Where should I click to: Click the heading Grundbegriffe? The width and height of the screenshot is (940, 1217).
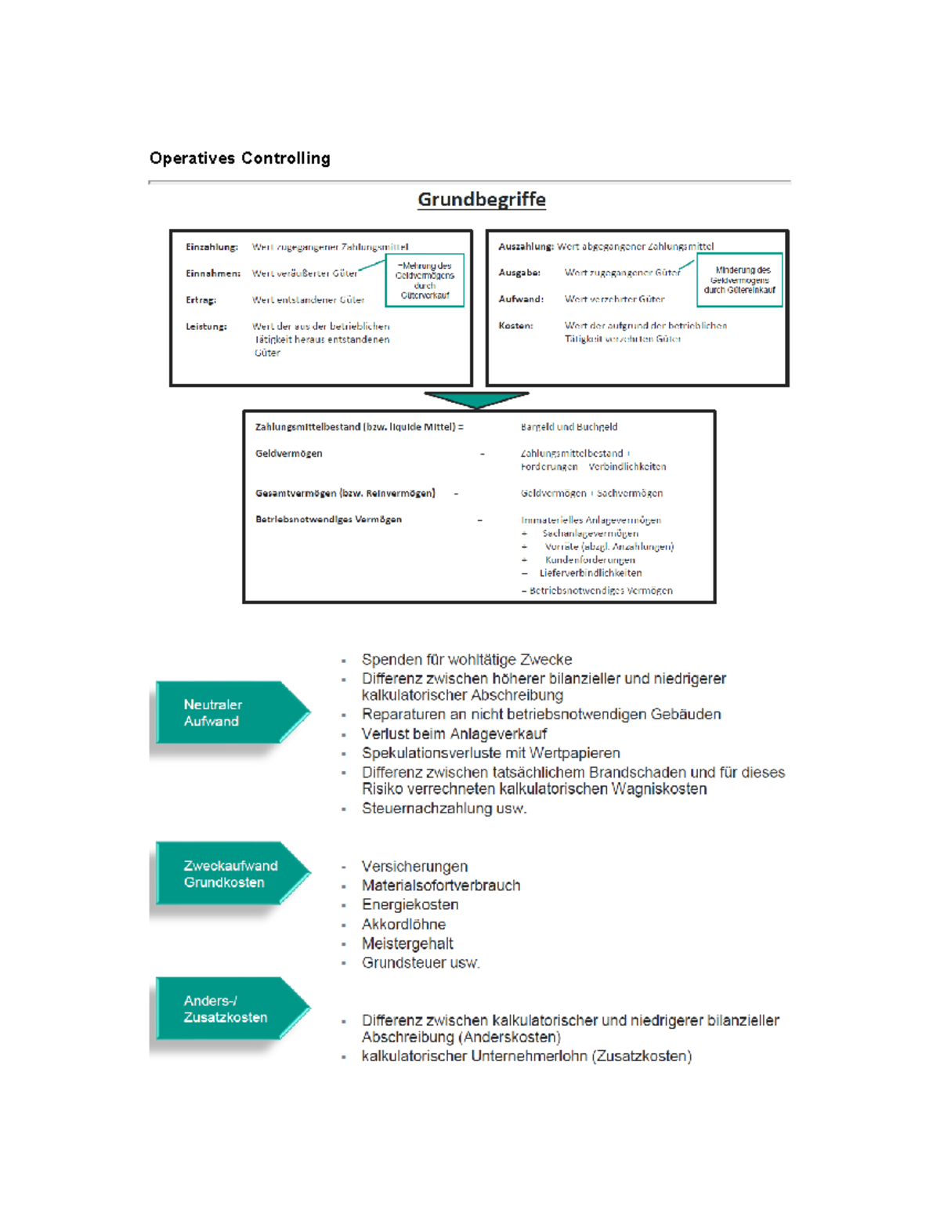(x=481, y=199)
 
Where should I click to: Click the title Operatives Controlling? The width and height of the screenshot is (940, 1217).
(x=240, y=158)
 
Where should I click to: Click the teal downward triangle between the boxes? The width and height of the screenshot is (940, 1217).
(x=476, y=400)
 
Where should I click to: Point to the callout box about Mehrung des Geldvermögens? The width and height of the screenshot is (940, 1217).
(x=425, y=280)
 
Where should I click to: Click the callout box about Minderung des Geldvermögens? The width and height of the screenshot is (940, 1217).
(x=739, y=280)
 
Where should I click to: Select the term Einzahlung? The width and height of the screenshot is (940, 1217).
(x=211, y=247)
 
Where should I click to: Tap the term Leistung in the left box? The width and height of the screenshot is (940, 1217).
(x=206, y=326)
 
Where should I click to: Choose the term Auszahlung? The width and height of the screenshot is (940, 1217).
(x=526, y=246)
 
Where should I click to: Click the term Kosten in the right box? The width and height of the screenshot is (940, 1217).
(x=515, y=325)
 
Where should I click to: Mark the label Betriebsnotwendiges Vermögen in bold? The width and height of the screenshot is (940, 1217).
(x=328, y=519)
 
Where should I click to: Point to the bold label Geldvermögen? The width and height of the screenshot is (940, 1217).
(x=288, y=453)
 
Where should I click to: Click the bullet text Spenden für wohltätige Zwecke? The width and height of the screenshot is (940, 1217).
(x=467, y=660)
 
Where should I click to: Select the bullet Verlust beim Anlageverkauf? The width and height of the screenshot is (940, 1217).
(x=454, y=733)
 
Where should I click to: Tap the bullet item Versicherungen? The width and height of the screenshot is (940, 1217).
(x=414, y=866)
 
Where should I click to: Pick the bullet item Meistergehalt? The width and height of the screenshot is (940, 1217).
(x=407, y=944)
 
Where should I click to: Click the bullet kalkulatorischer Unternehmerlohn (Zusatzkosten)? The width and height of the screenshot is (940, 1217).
(x=526, y=1056)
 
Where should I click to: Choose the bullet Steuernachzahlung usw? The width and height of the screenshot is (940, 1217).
(x=444, y=808)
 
